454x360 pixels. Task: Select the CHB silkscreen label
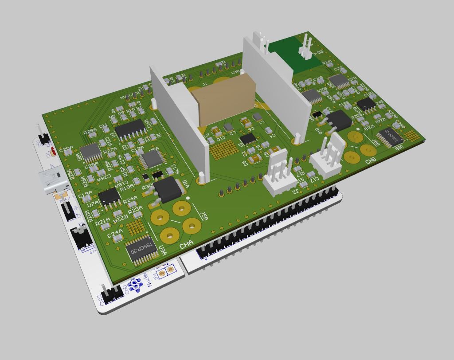tap(371, 161)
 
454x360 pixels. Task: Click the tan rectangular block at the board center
tap(226, 100)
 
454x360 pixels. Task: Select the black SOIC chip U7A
tap(109, 197)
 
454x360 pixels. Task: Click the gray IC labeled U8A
tap(91, 152)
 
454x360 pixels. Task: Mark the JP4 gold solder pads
tap(165, 271)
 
